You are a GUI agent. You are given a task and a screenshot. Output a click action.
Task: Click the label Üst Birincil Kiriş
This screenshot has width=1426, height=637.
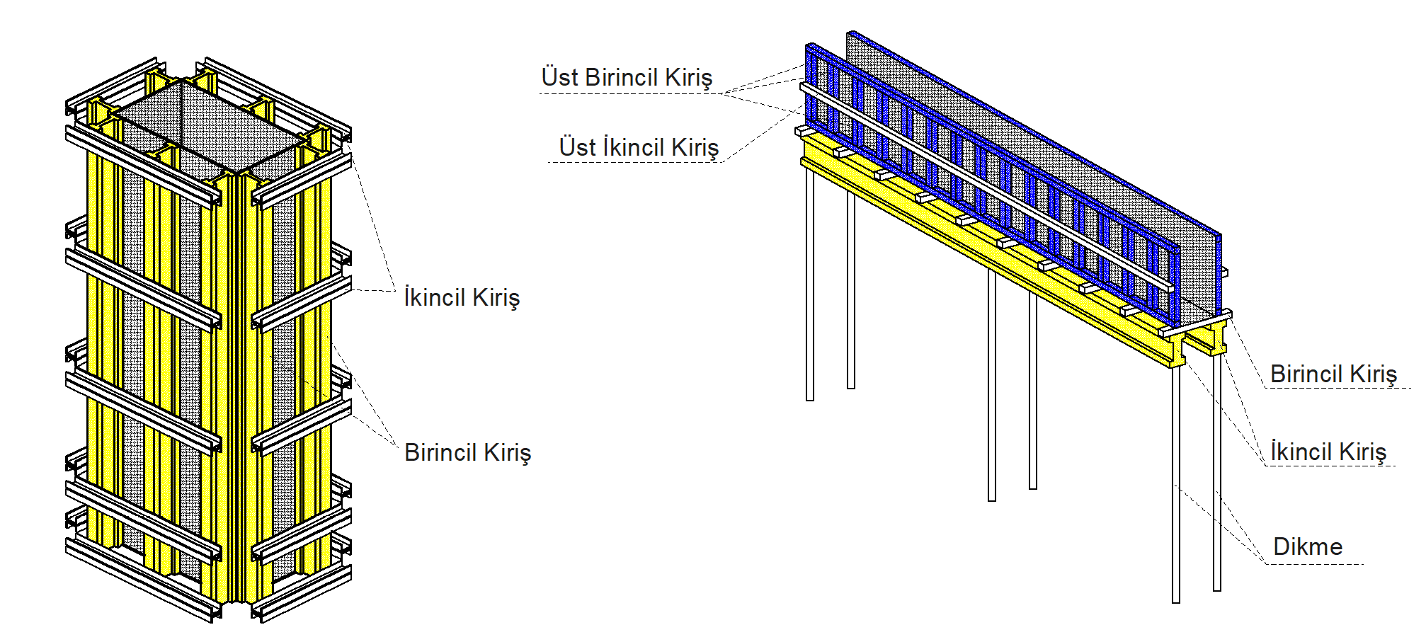[x=627, y=78]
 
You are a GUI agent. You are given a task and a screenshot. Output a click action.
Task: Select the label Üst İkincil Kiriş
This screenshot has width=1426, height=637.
[x=639, y=147]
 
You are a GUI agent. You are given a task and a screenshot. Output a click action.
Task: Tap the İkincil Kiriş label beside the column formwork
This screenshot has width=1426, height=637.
[x=462, y=298]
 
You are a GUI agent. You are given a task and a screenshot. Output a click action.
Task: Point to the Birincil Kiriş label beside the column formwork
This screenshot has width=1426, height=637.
[x=467, y=453]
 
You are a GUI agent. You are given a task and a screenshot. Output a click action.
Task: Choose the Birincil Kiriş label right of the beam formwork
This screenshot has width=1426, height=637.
[x=1333, y=374]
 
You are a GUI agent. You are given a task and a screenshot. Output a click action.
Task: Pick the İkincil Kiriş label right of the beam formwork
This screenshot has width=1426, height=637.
[x=1328, y=452]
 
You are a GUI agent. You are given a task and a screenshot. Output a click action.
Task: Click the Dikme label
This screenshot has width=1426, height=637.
[x=1308, y=547]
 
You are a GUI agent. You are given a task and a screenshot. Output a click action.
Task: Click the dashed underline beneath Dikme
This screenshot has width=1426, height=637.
[x=1315, y=564]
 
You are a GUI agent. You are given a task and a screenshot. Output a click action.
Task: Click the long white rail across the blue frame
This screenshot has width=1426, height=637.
[x=991, y=188]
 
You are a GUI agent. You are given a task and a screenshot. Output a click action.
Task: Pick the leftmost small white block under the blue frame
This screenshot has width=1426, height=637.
[x=802, y=131]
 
